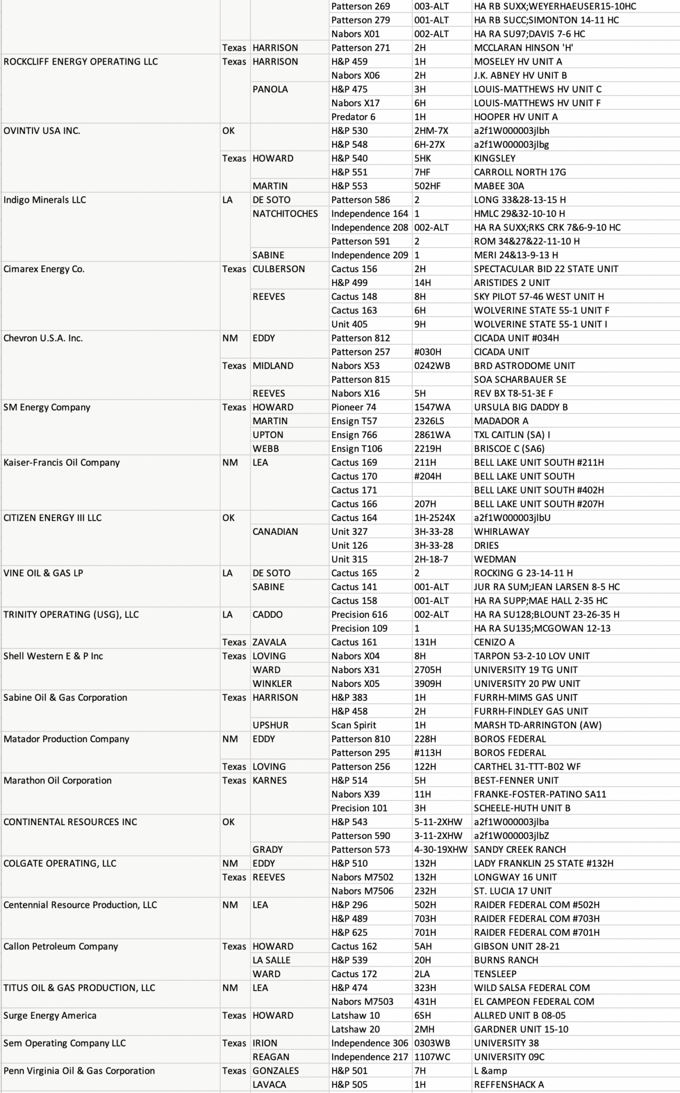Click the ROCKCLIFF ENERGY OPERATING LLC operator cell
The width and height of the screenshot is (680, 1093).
(81, 61)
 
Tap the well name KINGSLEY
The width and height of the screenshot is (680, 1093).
(495, 159)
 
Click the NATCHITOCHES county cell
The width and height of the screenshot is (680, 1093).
(285, 213)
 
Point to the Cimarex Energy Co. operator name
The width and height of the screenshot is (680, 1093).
(44, 269)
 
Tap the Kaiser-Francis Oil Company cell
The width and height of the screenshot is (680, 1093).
(61, 463)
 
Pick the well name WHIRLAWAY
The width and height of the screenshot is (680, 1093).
(502, 532)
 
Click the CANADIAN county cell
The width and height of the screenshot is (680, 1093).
(275, 532)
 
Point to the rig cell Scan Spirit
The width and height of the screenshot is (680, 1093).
(354, 725)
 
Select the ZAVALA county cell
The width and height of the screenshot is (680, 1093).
(269, 642)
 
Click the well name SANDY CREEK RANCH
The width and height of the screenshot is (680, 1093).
(520, 849)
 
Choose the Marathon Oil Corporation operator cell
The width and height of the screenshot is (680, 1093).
(58, 780)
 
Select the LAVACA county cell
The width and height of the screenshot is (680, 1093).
(269, 1084)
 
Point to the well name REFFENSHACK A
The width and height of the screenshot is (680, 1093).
(509, 1084)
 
